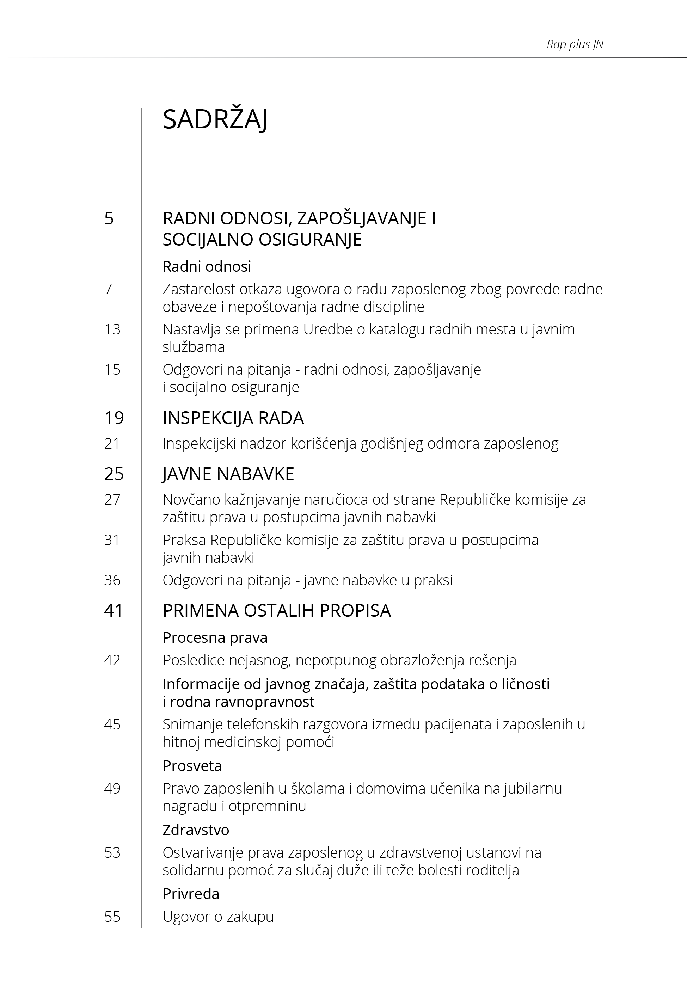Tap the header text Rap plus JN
pos(575,44)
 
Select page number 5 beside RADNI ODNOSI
pos(109,218)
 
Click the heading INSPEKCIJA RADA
pos(233,418)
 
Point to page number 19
pos(114,418)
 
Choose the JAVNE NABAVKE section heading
pos(228,474)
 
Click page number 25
pos(114,474)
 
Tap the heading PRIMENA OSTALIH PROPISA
pos(276,610)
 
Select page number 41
pos(114,610)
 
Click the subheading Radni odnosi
pos(207,266)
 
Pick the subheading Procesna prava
pos(215,637)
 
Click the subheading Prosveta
pos(192,766)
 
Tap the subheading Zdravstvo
pos(196,830)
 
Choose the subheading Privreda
pos(191,894)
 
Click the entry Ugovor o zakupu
pos(218,917)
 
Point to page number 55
pos(112,917)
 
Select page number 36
pos(112,580)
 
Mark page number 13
pos(112,329)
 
